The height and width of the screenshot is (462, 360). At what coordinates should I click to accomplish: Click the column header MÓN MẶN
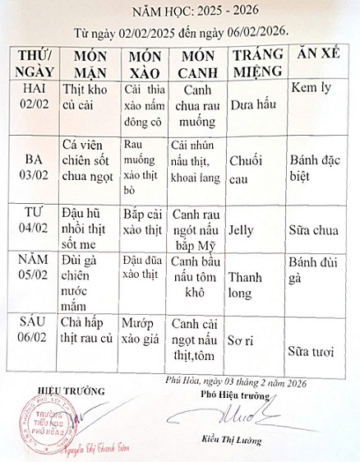click(x=85, y=62)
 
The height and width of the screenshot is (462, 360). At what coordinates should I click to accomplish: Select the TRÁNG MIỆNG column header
click(x=256, y=62)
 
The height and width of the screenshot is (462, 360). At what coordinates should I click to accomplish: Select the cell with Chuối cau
click(x=247, y=165)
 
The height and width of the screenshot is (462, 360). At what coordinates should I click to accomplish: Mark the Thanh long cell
click(x=249, y=284)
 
